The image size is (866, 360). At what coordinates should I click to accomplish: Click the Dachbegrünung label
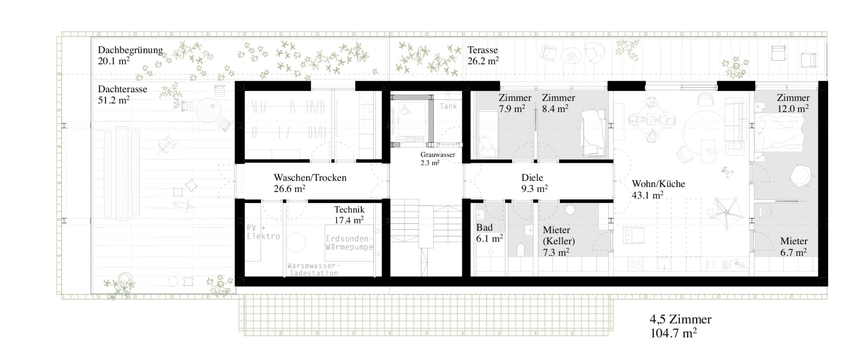(130, 50)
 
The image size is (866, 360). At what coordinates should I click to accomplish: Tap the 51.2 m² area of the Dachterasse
(114, 100)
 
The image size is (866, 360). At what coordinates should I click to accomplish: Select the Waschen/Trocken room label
(310, 178)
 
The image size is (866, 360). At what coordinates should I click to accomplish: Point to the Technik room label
(349, 209)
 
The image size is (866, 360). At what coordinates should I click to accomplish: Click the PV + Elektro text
(263, 232)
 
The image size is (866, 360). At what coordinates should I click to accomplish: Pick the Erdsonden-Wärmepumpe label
(349, 242)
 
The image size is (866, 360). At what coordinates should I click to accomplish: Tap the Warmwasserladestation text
(313, 269)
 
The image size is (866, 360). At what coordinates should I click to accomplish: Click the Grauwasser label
(438, 155)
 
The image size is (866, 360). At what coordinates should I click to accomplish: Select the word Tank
(448, 106)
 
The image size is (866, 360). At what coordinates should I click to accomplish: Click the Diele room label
(532, 178)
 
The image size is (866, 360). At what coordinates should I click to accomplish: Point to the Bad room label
(485, 228)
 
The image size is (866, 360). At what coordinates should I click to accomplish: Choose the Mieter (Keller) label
(559, 236)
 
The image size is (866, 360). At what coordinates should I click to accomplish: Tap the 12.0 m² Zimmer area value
(793, 108)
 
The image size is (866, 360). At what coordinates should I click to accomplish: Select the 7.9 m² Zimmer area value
(512, 108)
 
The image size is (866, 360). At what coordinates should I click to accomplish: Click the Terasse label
(482, 50)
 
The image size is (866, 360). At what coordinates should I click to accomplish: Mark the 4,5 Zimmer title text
(680, 319)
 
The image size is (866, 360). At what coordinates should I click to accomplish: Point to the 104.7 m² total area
(674, 333)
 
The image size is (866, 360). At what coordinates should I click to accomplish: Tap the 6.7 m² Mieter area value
(793, 252)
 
